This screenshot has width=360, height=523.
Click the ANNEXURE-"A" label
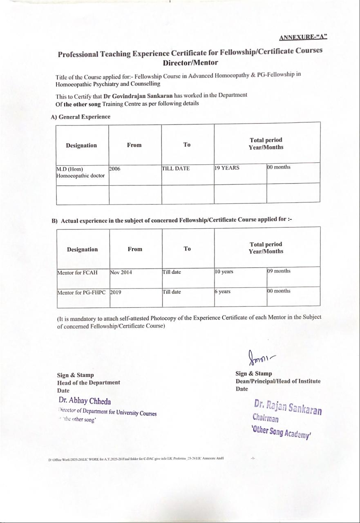[303, 38]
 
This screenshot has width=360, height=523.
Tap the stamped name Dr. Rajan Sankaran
[288, 407]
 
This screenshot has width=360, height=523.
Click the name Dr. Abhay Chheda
[85, 401]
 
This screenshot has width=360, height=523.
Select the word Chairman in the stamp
[266, 418]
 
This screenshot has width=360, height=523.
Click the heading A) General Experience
[80, 117]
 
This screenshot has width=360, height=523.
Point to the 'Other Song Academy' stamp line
[282, 431]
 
